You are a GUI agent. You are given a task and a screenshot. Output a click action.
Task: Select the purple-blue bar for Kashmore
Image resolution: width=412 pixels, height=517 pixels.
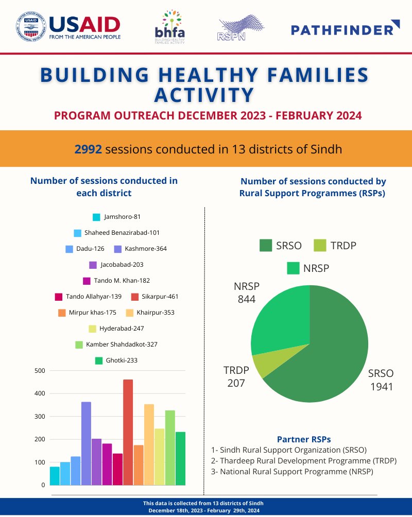point(86,443)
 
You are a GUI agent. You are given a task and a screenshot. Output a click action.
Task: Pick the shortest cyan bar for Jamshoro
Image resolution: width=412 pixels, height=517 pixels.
point(55,475)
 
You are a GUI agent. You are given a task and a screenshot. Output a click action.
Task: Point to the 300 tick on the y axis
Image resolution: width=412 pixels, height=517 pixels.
point(40,417)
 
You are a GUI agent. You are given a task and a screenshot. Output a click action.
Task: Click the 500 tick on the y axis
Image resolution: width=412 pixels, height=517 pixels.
point(40,371)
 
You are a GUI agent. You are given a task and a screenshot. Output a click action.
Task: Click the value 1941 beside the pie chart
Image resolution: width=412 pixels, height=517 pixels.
point(381,386)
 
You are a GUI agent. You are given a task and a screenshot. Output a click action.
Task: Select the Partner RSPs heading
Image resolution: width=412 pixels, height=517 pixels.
point(304,439)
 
